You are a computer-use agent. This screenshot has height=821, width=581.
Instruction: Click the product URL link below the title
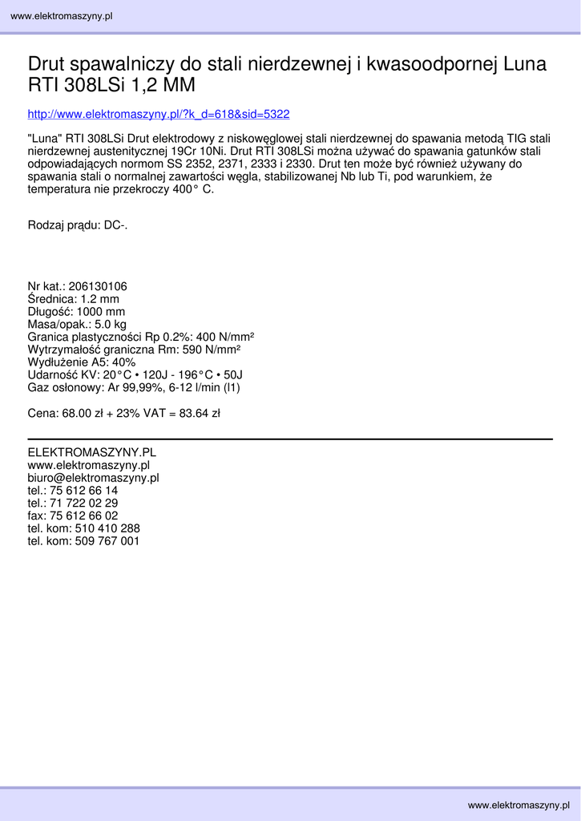point(159,115)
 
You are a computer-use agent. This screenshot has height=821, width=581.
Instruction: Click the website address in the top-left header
point(61,16)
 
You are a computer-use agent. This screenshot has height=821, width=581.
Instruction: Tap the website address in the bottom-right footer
point(518,804)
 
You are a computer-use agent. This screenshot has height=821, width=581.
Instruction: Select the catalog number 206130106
point(98,286)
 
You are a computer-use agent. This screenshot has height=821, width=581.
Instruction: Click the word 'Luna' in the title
point(524,64)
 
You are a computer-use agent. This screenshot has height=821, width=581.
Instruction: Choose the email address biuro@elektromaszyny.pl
point(93,478)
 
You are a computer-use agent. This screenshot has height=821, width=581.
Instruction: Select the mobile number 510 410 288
point(107,528)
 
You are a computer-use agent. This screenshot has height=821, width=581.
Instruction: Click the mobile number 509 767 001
point(107,541)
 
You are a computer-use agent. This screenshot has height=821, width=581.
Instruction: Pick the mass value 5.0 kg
point(111,325)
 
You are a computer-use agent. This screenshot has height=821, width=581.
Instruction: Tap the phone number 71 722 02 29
point(83,503)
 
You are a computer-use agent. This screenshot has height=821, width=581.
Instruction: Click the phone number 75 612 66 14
point(83,490)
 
